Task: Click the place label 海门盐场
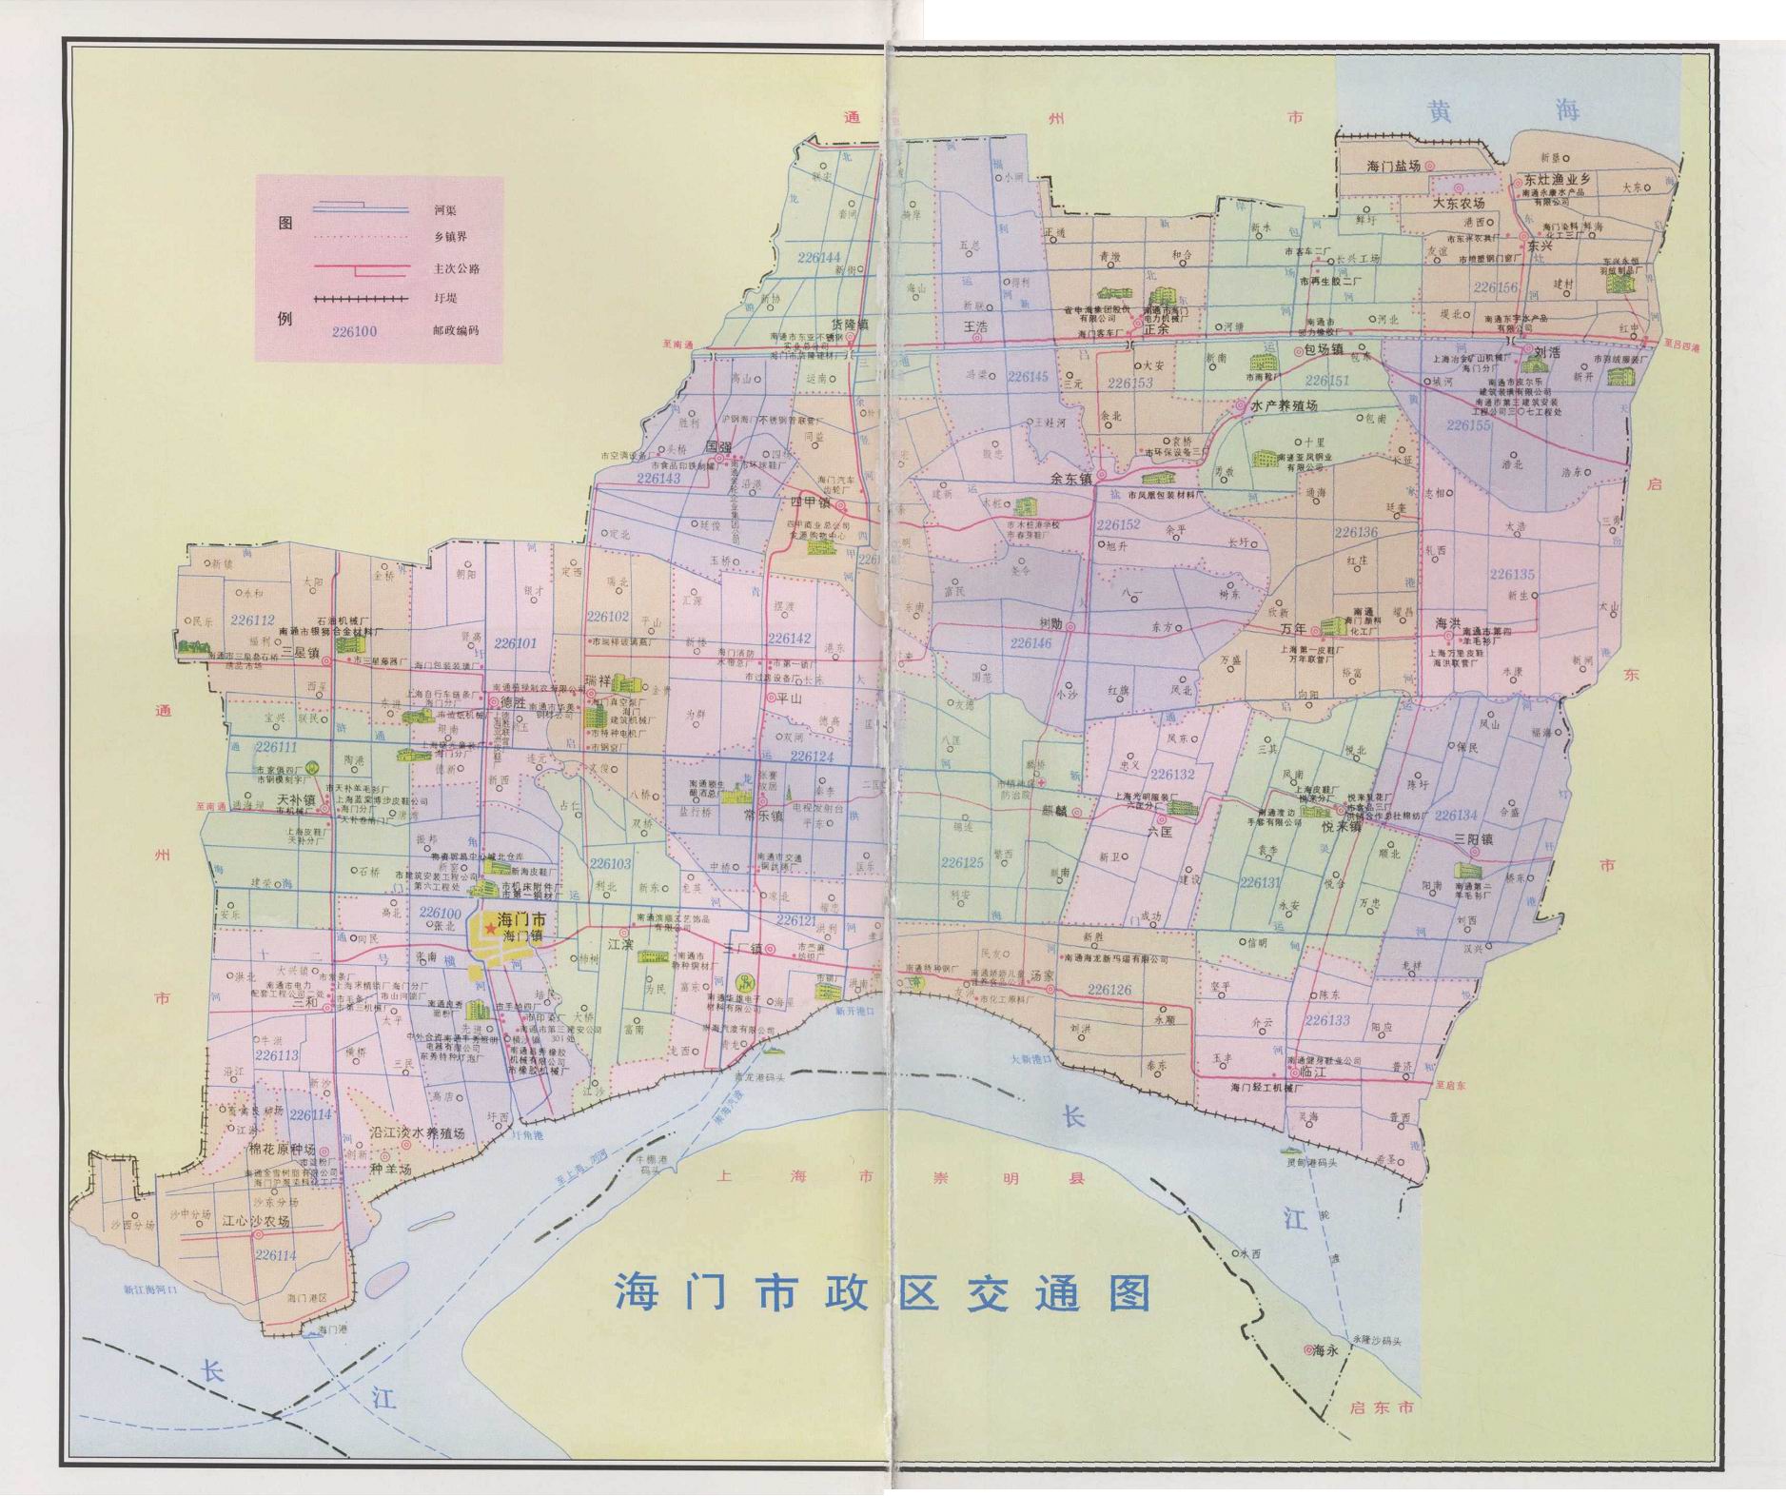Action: [1393, 166]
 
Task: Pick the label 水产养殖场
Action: [1284, 405]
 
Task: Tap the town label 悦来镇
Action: [1340, 828]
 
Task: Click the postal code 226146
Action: [1030, 643]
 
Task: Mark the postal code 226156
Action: [1494, 286]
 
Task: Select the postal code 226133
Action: [1327, 1020]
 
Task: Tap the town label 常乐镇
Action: [763, 816]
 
